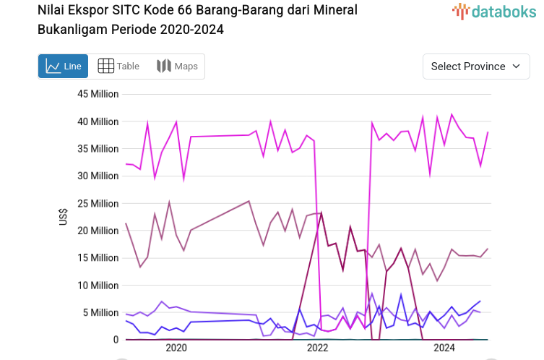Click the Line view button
[x=63, y=66]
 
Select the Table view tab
[x=118, y=66]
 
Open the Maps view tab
[x=177, y=66]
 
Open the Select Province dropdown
[x=475, y=66]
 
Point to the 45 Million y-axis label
[x=98, y=94]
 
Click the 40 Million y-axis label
[x=98, y=121]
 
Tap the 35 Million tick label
[x=98, y=149]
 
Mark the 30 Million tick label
[x=98, y=176]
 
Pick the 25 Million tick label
[x=98, y=203]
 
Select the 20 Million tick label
[x=98, y=231]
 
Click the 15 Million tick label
[x=98, y=257]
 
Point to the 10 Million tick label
[x=98, y=285]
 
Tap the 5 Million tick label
[x=100, y=312]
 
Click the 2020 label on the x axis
[x=176, y=348]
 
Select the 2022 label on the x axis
[x=318, y=348]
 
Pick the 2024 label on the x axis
[x=443, y=348]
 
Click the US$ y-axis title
[x=64, y=217]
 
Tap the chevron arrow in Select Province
[x=516, y=66]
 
